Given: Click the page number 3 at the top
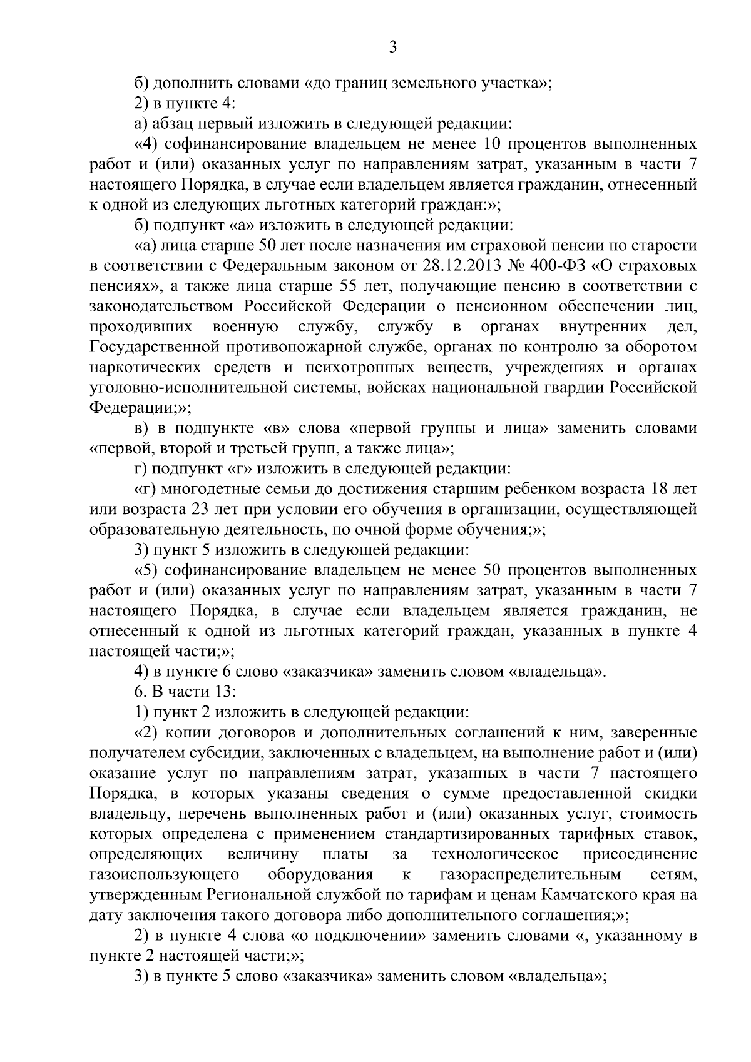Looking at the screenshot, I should pos(392,48).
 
